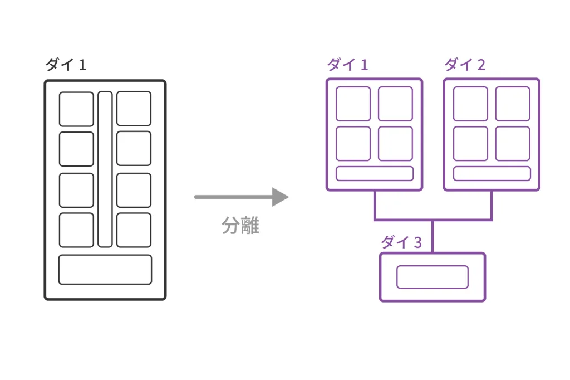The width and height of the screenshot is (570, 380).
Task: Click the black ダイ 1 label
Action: pos(66,65)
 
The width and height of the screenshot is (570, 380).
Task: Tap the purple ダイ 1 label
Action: pos(347,65)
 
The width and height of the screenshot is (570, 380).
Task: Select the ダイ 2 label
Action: pos(465,65)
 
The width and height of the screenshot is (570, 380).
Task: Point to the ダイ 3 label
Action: pos(401,242)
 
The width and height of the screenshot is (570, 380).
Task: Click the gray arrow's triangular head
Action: pos(279,197)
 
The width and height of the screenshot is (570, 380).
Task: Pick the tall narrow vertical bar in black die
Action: pos(105,169)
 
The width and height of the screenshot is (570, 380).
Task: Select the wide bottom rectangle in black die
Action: pos(105,270)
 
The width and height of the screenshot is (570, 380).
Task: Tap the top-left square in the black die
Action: pos(76,109)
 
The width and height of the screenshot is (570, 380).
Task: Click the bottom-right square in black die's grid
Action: pos(134,230)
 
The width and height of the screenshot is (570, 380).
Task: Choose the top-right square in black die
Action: pos(134,109)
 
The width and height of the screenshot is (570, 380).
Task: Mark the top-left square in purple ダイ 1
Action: pos(353,104)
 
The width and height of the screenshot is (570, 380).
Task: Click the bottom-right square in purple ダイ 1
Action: pos(395,144)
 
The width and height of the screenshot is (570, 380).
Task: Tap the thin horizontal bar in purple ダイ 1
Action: pos(375,174)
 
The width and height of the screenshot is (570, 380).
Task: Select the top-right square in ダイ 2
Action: pos(512,104)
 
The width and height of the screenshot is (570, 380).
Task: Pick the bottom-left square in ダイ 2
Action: pos(470,144)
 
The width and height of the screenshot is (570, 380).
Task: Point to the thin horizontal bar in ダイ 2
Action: pos(492,174)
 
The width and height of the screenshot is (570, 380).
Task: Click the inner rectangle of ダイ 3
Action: pos(432,277)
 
